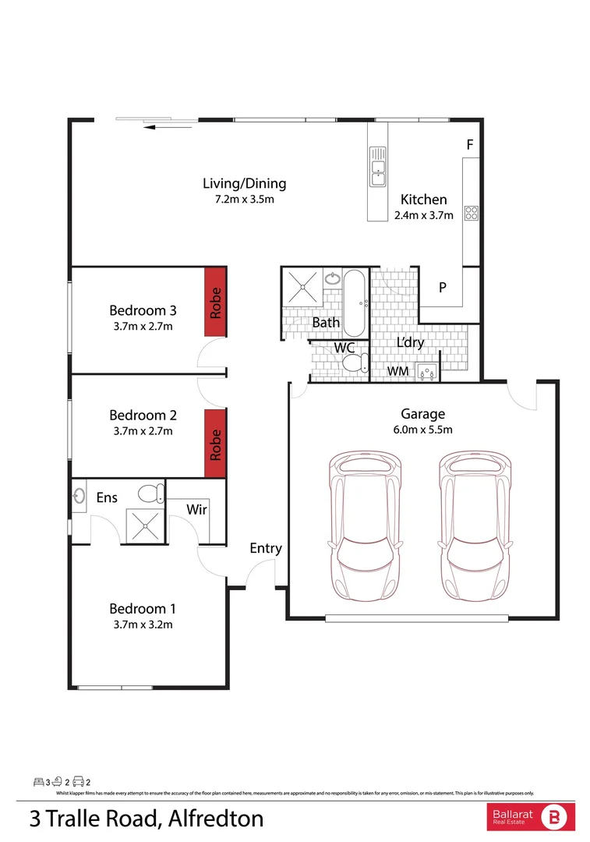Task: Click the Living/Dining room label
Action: [x=244, y=184]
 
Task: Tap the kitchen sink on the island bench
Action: [x=378, y=168]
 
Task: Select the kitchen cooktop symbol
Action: [x=471, y=212]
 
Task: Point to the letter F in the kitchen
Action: [x=469, y=145]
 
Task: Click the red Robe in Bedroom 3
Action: [x=216, y=302]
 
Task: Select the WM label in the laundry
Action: [x=398, y=372]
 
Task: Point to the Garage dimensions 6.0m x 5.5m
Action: [x=423, y=430]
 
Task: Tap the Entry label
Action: [x=266, y=548]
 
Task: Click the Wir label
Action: [x=196, y=509]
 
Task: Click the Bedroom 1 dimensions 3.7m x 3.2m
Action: [x=143, y=624]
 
